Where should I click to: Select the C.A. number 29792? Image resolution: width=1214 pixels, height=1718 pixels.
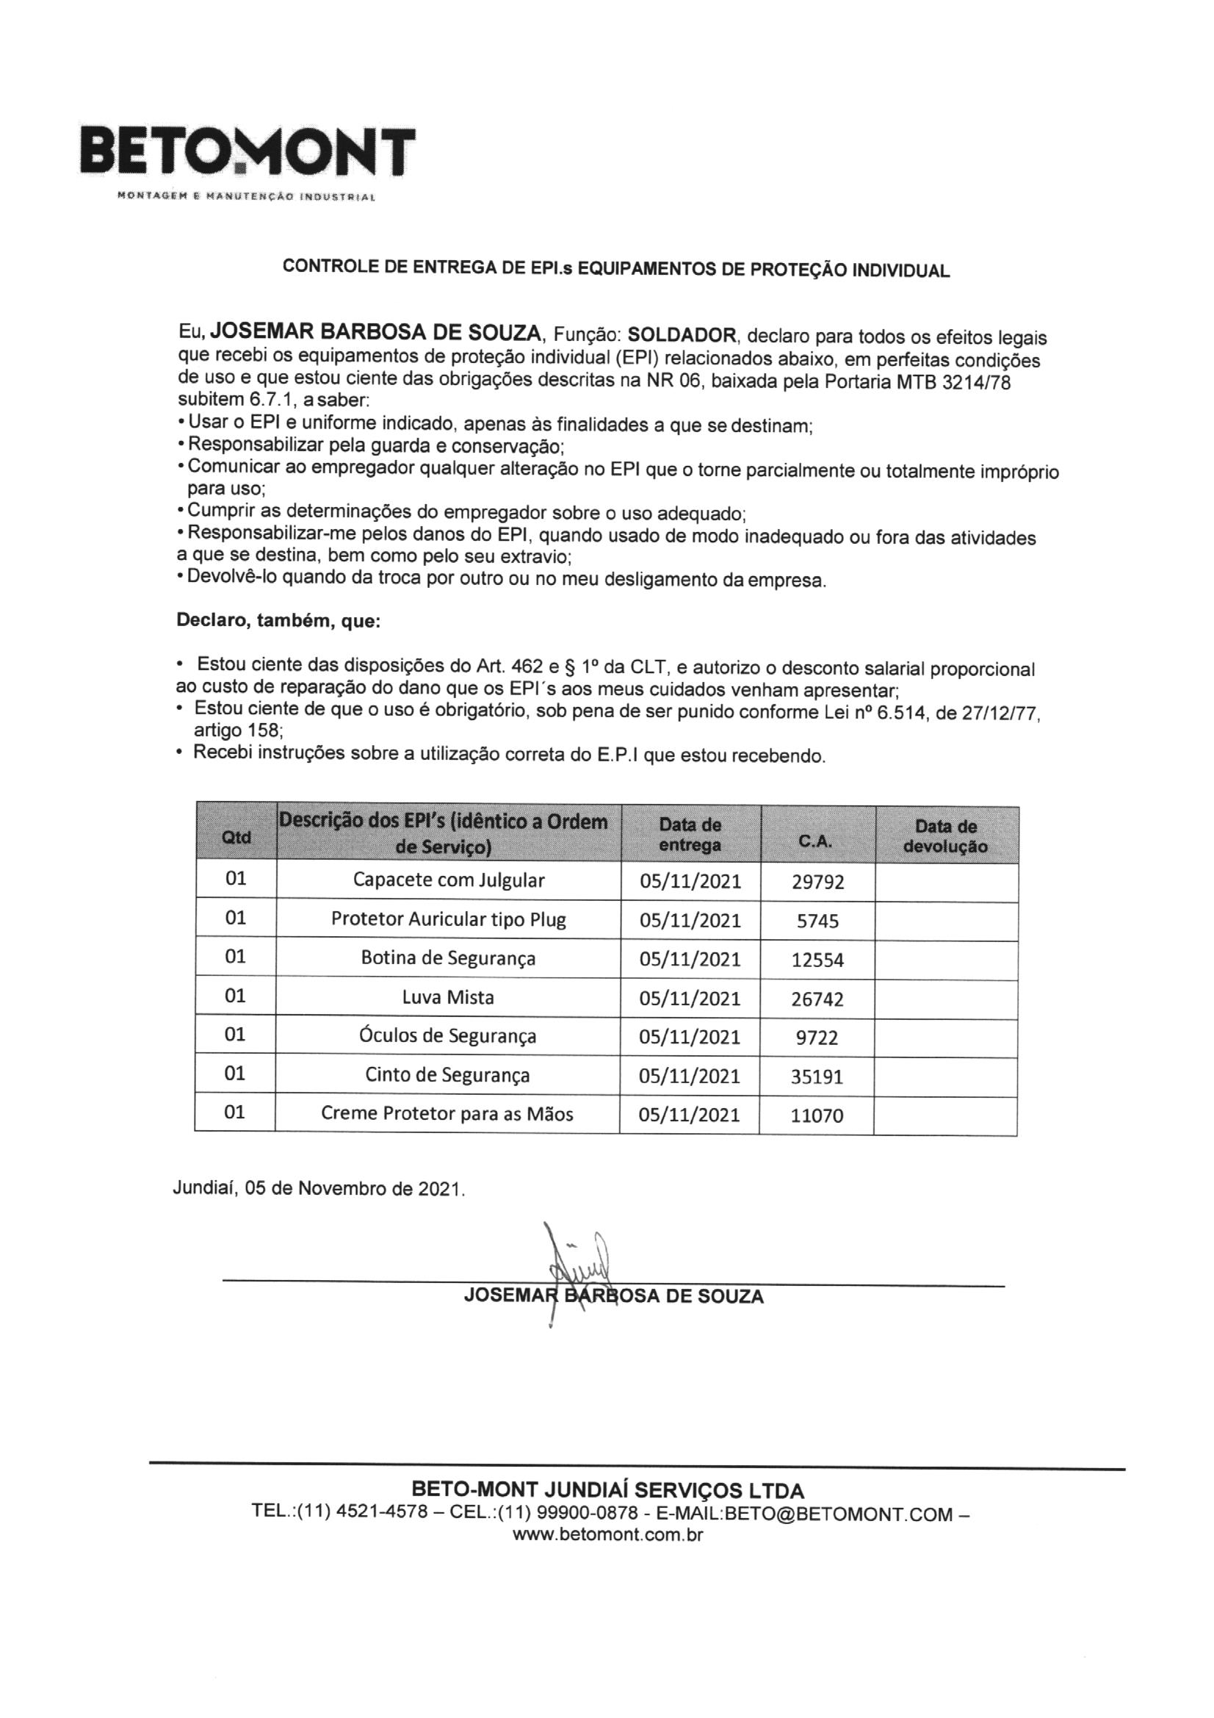click(817, 883)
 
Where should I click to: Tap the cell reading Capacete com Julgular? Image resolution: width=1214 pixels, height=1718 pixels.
click(449, 880)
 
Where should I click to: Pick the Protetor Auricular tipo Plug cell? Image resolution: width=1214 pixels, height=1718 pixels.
click(449, 919)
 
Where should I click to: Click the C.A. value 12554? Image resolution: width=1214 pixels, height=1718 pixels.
click(817, 960)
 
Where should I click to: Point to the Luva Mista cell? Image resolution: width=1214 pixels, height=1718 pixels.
click(448, 997)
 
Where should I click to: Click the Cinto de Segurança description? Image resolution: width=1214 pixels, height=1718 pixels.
click(447, 1075)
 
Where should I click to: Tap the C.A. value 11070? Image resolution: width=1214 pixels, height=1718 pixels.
click(817, 1115)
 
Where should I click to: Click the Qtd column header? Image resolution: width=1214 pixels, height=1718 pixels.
click(236, 836)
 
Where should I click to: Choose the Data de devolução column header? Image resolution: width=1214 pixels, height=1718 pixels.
click(945, 836)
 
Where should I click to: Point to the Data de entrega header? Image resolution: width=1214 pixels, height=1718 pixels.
click(690, 835)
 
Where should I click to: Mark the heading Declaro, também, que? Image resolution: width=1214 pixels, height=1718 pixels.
click(278, 620)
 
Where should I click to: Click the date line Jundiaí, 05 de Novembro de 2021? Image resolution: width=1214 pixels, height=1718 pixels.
click(319, 1189)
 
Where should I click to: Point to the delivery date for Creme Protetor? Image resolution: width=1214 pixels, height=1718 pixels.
click(689, 1115)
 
